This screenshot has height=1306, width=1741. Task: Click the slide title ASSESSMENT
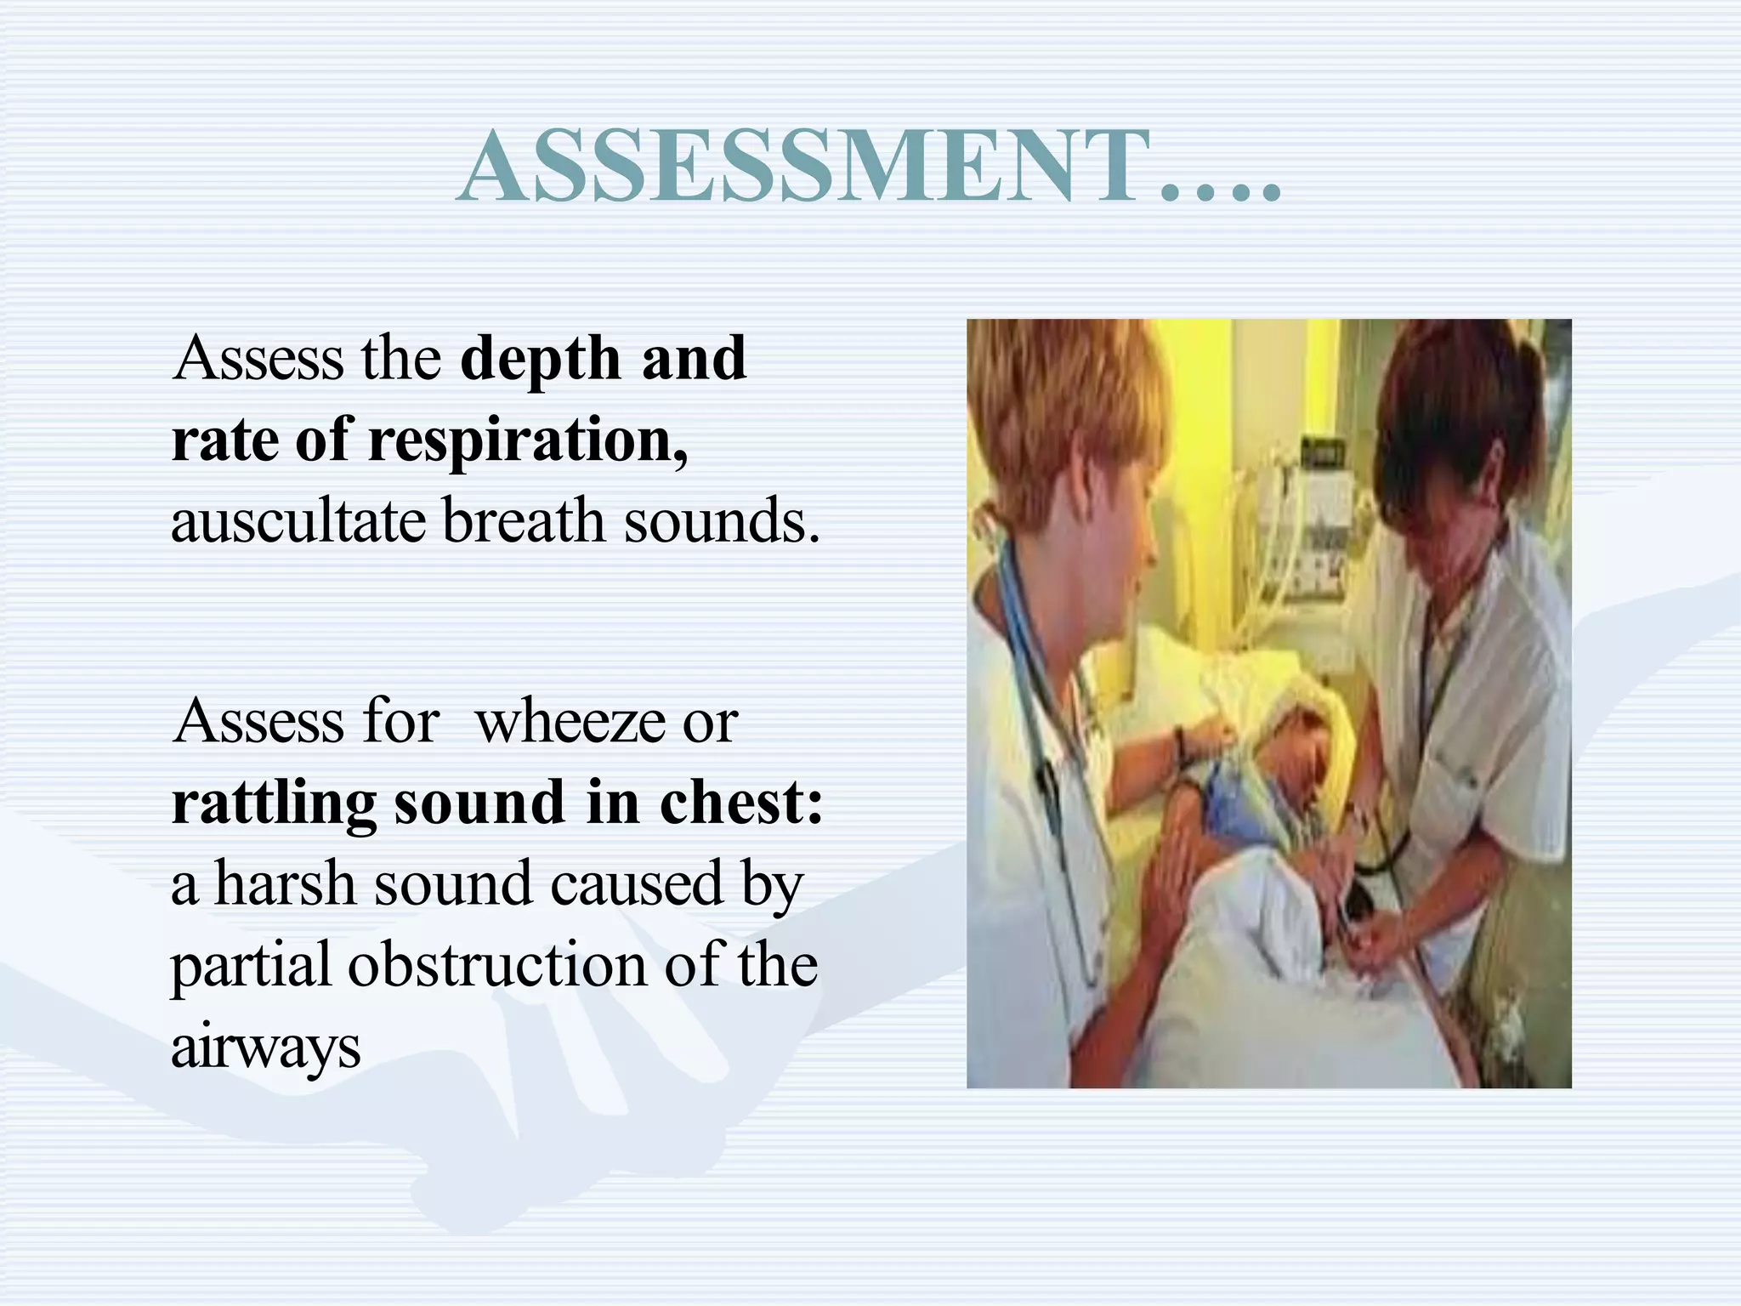(x=867, y=168)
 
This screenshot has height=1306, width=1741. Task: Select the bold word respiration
(x=527, y=440)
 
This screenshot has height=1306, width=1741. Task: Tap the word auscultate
(x=298, y=521)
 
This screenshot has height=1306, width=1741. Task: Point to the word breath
(x=524, y=521)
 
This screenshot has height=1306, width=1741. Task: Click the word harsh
(x=285, y=884)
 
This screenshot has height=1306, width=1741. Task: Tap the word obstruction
(x=498, y=966)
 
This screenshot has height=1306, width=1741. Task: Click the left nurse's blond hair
(x=1063, y=391)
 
